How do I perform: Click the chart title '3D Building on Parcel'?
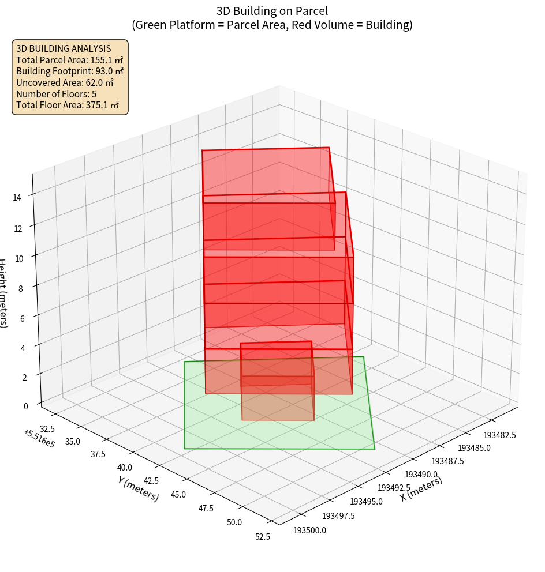[272, 10]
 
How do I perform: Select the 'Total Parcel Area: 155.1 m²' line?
[69, 60]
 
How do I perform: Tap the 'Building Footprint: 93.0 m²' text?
[69, 71]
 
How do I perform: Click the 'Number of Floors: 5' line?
[56, 93]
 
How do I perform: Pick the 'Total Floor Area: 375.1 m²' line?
[67, 105]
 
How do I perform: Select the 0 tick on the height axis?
[25, 406]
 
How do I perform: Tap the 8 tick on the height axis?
[20, 288]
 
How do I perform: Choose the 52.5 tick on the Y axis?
[262, 537]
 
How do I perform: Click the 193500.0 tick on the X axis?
[310, 530]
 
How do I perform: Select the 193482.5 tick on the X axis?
[499, 435]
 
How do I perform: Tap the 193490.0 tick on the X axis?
[421, 474]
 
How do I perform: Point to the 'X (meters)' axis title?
[421, 489]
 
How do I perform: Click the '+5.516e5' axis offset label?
[39, 439]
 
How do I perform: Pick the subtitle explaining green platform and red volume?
[272, 25]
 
